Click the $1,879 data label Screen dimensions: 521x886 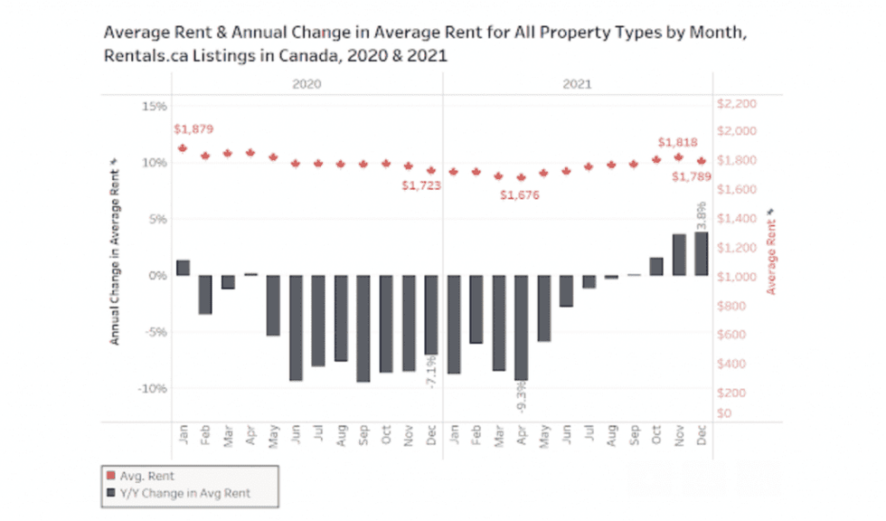point(193,129)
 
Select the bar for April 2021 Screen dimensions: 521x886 point(521,327)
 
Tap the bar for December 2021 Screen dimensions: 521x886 point(701,254)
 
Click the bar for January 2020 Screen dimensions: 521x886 point(183,268)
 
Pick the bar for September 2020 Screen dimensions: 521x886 point(363,328)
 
